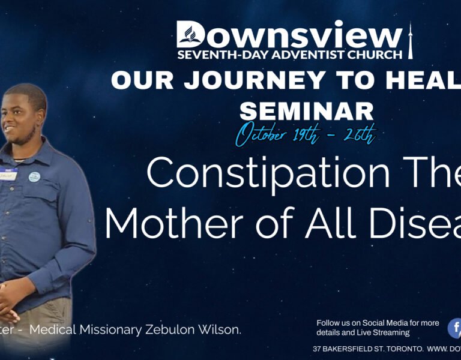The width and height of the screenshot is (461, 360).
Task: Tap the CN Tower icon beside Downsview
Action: (x=411, y=40)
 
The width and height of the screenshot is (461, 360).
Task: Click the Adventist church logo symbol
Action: (x=191, y=35)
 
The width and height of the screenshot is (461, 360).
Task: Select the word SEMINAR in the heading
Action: (x=306, y=110)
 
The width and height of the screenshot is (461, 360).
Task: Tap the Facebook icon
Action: (x=455, y=328)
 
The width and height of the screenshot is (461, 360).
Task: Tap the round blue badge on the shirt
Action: (x=35, y=177)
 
